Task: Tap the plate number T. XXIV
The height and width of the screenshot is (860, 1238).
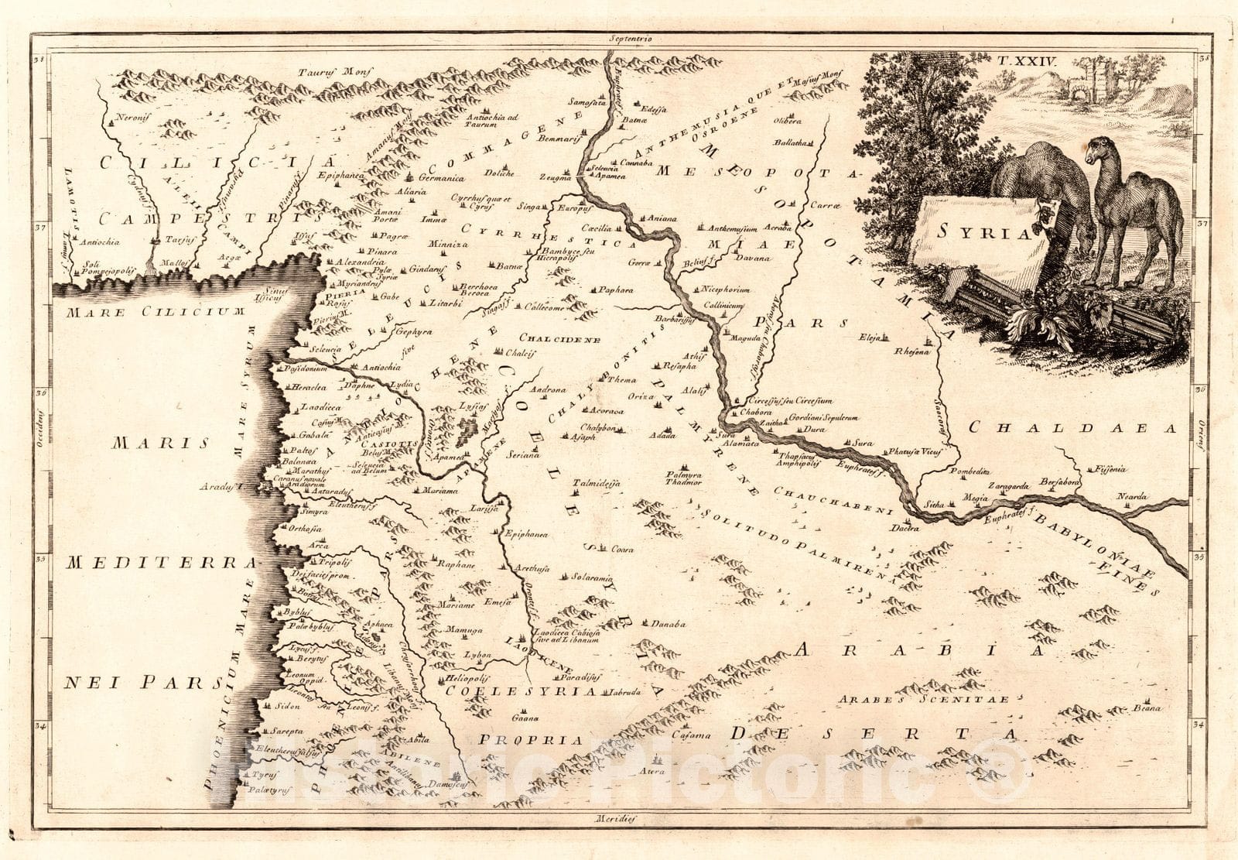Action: [x=1021, y=59]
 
